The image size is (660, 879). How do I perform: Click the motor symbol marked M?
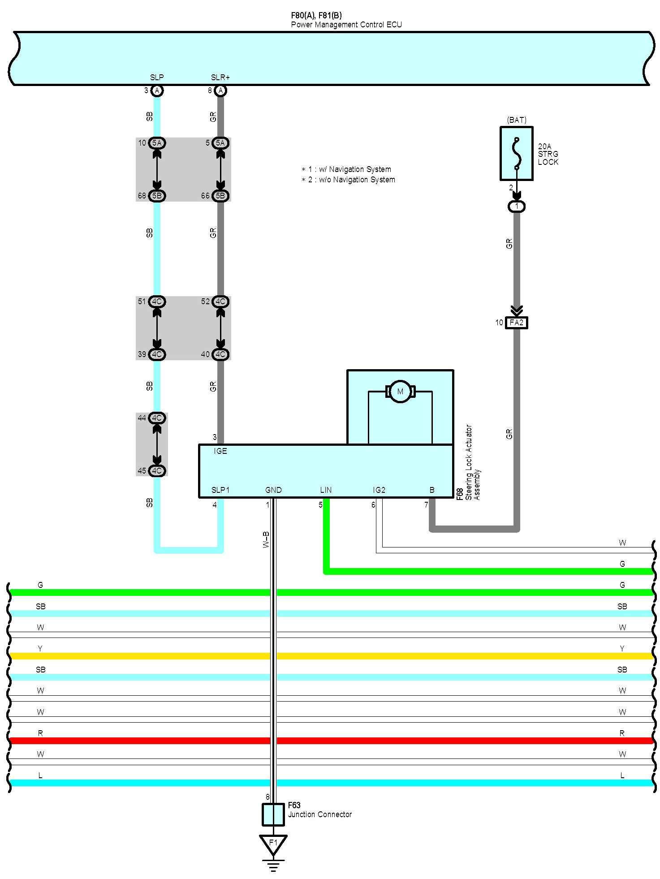400,392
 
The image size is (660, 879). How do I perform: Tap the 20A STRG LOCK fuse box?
516,154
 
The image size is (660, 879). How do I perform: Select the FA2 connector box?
516,323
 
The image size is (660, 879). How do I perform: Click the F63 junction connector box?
273,814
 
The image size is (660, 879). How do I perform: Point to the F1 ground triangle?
273,844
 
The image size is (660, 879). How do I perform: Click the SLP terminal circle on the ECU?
156,90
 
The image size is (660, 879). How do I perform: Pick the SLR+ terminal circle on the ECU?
220,90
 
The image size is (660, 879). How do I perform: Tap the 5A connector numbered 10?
157,143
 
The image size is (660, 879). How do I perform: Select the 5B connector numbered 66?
220,196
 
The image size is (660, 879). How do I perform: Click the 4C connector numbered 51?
157,302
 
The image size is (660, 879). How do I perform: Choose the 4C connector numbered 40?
220,354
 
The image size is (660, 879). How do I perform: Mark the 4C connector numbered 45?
157,471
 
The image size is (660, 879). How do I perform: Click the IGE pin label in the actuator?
220,451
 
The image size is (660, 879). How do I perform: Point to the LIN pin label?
326,490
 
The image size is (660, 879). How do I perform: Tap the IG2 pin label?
379,490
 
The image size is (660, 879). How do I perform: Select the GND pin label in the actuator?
273,490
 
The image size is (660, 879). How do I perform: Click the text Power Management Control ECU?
346,25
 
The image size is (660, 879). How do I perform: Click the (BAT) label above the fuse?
517,120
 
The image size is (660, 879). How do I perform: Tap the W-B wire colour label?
266,539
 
